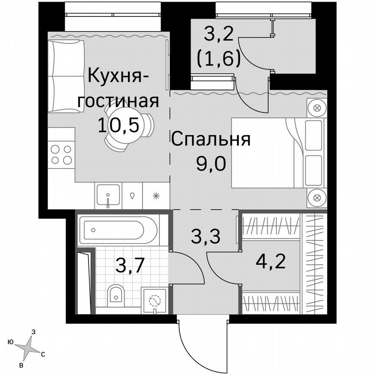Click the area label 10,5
[118, 125]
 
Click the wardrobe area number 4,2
[271, 261]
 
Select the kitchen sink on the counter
[108, 195]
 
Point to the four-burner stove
[61, 155]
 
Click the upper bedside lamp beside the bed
[317, 108]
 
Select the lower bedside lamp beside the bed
[317, 198]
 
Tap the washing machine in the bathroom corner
[154, 300]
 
